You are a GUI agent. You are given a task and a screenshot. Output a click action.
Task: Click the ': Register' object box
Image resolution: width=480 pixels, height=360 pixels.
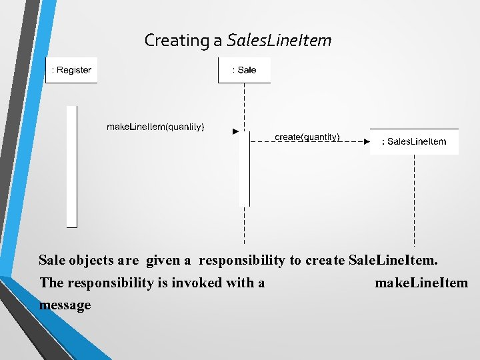tap(71, 70)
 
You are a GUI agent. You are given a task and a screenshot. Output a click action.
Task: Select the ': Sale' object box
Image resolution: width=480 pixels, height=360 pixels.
tap(244, 70)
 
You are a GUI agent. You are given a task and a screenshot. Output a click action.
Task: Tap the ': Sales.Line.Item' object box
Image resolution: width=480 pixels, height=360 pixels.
tap(414, 141)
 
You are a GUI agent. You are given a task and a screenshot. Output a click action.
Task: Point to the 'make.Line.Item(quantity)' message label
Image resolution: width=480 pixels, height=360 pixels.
tap(156, 127)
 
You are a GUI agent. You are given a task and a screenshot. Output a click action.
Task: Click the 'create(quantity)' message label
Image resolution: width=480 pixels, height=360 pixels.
tap(307, 137)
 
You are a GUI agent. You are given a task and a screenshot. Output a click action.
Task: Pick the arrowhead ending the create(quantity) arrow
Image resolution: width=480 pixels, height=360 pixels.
tap(366, 141)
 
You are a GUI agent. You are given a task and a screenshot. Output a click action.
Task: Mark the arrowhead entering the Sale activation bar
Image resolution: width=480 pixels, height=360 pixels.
tap(235, 132)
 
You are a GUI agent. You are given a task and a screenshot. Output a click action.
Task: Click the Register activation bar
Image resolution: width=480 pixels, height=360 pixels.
tap(72, 167)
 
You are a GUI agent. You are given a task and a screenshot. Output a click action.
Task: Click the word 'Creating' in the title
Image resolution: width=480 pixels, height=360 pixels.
tap(177, 41)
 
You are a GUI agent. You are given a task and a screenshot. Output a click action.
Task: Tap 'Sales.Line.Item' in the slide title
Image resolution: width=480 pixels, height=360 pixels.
tap(279, 41)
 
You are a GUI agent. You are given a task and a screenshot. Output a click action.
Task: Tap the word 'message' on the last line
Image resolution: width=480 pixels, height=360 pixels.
tap(65, 305)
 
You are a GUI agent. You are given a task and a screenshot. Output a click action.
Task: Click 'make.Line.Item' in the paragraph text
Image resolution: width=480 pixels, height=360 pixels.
tap(421, 283)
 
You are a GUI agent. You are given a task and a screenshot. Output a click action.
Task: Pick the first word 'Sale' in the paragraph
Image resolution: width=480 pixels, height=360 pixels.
tap(52, 260)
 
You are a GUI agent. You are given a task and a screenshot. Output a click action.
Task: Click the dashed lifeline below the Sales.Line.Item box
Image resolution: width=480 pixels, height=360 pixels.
tap(414, 200)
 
